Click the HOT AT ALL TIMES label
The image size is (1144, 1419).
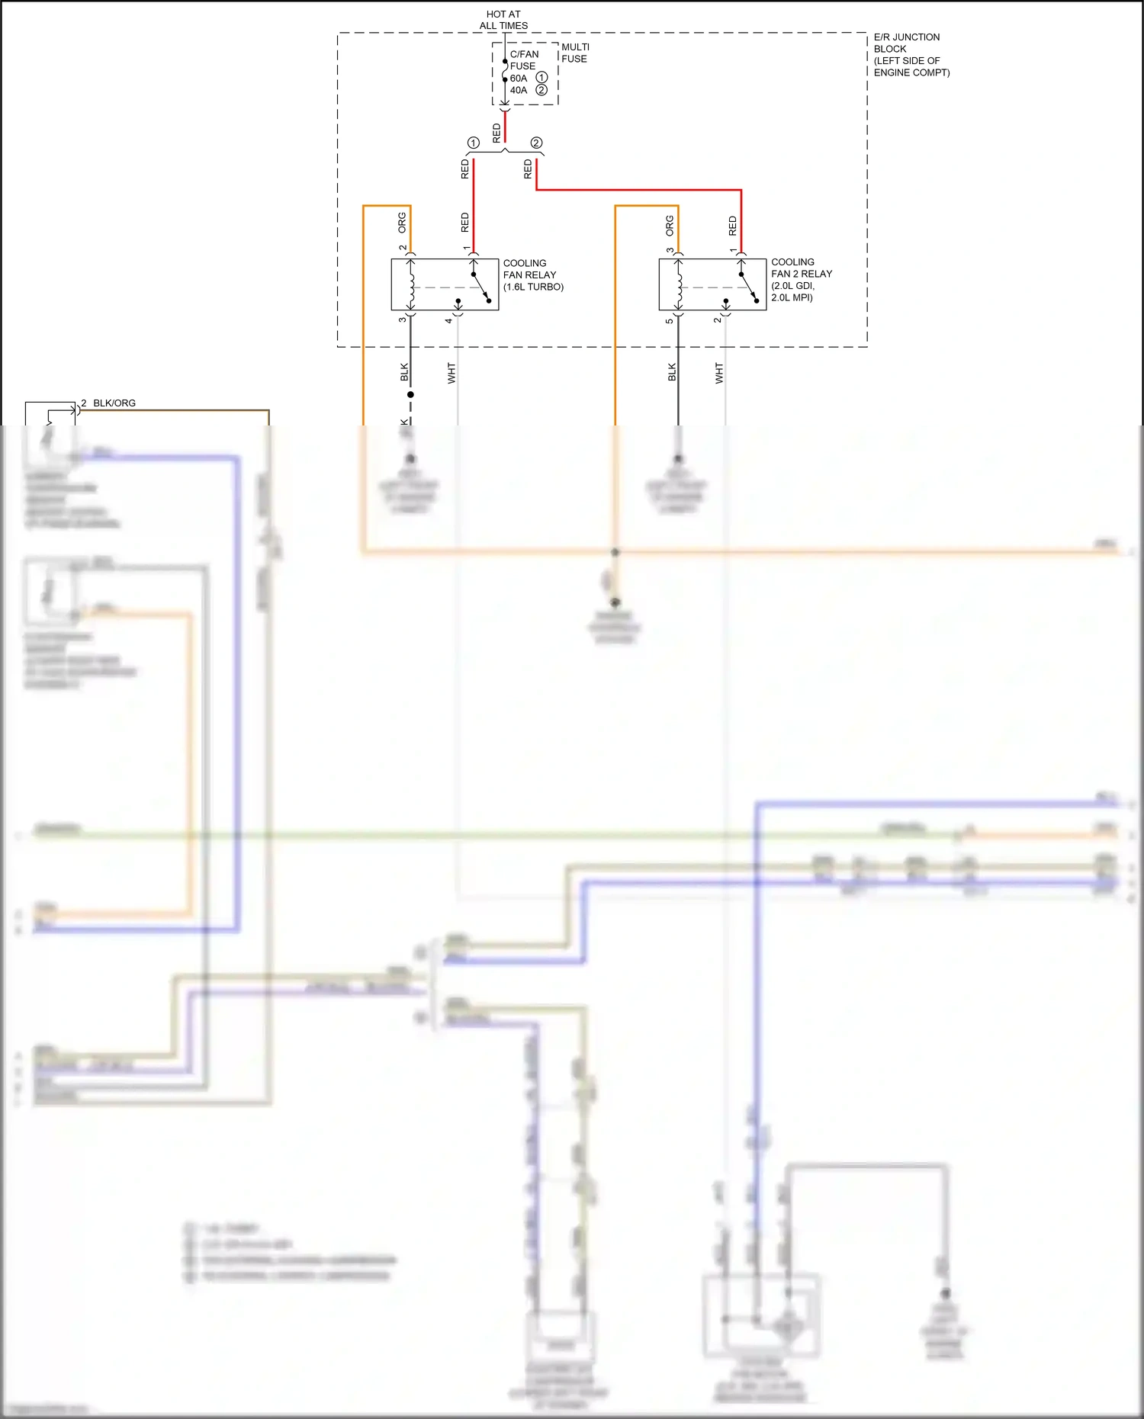[503, 20]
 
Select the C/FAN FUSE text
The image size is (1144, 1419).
[523, 60]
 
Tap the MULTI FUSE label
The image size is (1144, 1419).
[575, 53]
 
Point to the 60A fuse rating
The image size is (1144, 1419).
[519, 79]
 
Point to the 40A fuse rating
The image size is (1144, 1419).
[519, 90]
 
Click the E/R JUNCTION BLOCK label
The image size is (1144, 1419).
[911, 55]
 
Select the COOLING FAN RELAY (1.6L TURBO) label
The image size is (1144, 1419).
[532, 274]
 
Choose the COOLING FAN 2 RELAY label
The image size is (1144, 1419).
[801, 279]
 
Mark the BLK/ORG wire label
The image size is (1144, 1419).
[114, 403]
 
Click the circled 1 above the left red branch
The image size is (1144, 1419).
[474, 143]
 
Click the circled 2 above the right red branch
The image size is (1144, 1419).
[536, 143]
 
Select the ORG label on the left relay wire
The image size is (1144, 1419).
[402, 223]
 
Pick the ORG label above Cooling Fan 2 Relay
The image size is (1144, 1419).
[670, 225]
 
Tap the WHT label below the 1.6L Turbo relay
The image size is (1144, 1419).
[451, 373]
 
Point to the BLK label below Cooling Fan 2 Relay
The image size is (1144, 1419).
[672, 372]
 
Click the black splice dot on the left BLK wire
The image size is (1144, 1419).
[410, 394]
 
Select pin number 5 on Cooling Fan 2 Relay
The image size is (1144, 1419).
[669, 321]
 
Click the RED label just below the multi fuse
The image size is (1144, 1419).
[497, 133]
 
